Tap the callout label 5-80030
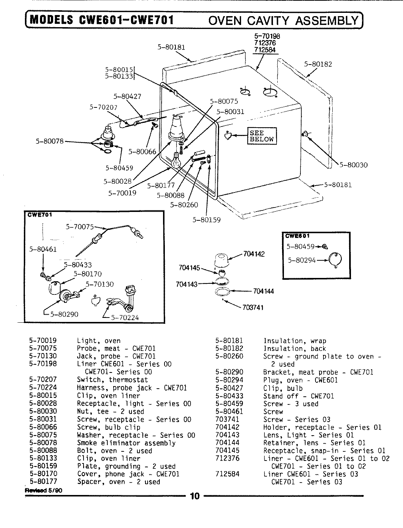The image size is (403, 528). (353, 165)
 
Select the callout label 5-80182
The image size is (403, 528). (318, 64)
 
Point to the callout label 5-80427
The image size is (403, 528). (127, 97)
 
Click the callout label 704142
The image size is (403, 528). (254, 254)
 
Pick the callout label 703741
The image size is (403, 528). (253, 307)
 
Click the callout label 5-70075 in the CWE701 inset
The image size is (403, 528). (80, 227)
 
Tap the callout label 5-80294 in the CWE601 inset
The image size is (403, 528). (302, 260)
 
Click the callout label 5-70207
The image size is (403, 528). (103, 107)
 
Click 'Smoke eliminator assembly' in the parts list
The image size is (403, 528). (126, 443)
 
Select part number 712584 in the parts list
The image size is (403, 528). (227, 474)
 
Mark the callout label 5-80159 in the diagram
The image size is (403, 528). (206, 220)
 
